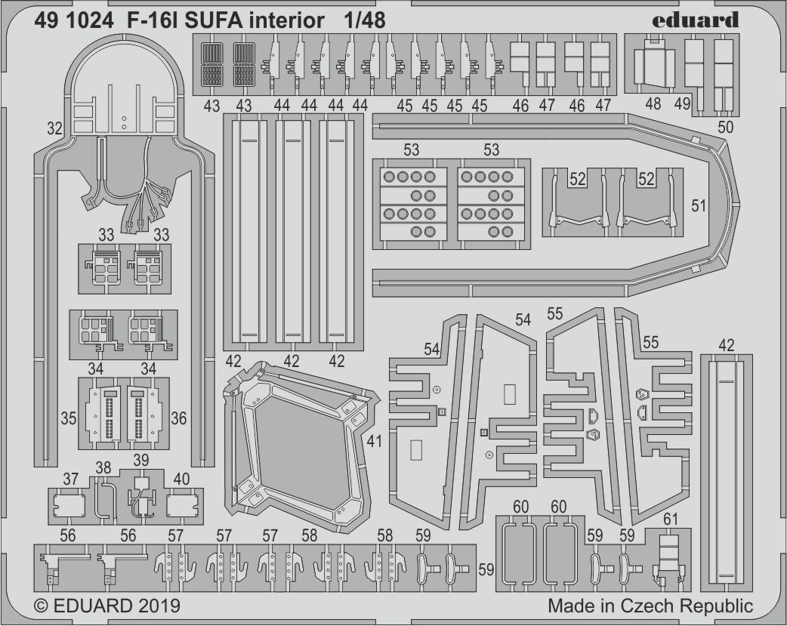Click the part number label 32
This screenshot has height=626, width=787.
pyautogui.click(x=54, y=129)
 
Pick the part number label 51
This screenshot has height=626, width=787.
pyautogui.click(x=699, y=205)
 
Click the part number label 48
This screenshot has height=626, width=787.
pyautogui.click(x=653, y=103)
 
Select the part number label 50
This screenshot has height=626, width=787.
pyautogui.click(x=725, y=128)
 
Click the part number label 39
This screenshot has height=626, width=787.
pyautogui.click(x=141, y=461)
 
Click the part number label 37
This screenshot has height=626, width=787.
pyautogui.click(x=71, y=478)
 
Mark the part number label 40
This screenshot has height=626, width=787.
pyautogui.click(x=181, y=478)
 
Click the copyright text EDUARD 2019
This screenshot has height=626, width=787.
pyautogui.click(x=106, y=606)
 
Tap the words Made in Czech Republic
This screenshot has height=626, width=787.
pyautogui.click(x=650, y=606)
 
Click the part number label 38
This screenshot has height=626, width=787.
pyautogui.click(x=103, y=467)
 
